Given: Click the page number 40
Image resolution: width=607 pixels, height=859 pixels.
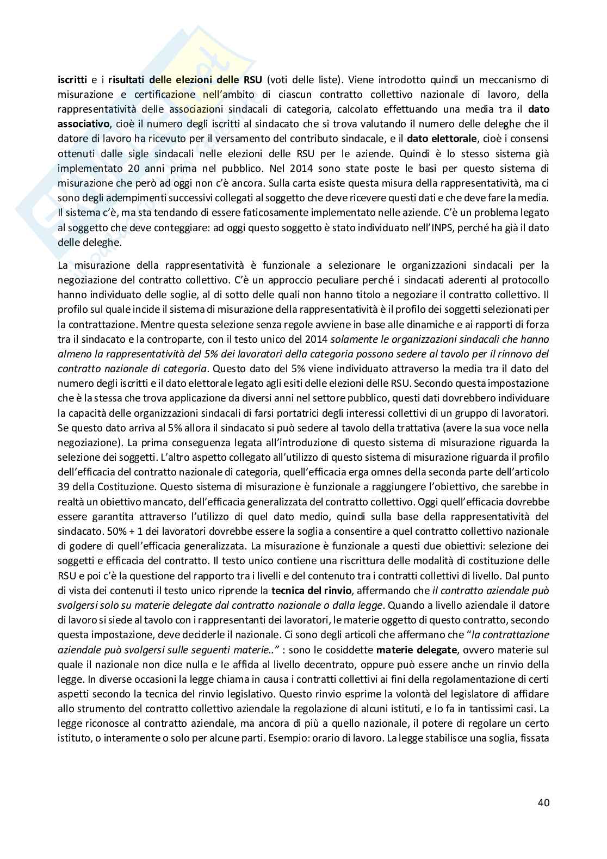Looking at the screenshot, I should tap(543, 802).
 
